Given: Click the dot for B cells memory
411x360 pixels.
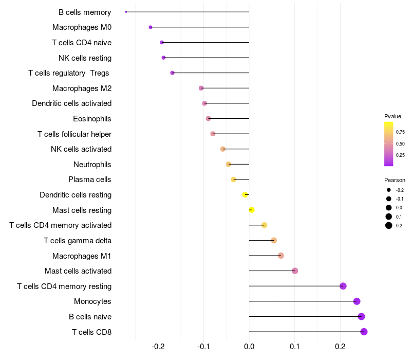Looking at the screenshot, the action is pos(126,12).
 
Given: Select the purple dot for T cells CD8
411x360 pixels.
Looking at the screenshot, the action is pos(364,332).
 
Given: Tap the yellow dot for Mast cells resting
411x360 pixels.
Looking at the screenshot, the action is pos(252,210).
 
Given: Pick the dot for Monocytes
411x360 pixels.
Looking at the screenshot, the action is pos(357,301).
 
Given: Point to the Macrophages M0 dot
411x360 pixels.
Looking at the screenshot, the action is pos(151,27).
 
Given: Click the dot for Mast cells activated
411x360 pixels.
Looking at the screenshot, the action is pos(295,271).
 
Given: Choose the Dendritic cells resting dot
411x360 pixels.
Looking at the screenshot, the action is pos(245,195).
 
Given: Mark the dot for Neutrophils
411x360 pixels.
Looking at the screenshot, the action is pos(229,164).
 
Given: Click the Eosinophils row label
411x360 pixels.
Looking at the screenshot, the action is pos(92,119).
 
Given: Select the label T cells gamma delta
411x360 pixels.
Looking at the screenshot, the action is pos(78,241).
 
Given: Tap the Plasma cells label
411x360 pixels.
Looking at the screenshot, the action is pos(89,179).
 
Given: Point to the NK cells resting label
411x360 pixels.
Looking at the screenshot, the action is pos(85,58).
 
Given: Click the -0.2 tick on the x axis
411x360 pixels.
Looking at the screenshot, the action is pos(158,347).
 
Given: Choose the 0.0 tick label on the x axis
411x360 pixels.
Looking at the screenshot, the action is pos(249,347).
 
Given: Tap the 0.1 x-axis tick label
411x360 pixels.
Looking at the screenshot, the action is pos(294,347).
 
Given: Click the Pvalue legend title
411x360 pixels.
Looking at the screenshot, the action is pos(393,116).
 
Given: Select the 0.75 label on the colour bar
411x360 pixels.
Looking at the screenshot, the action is pos(400,132).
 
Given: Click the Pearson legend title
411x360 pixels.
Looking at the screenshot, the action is pos(395,180).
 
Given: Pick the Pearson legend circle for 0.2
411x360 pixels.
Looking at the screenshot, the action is pos(389,225).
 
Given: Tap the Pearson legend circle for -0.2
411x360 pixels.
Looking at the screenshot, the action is pos(389,190).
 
